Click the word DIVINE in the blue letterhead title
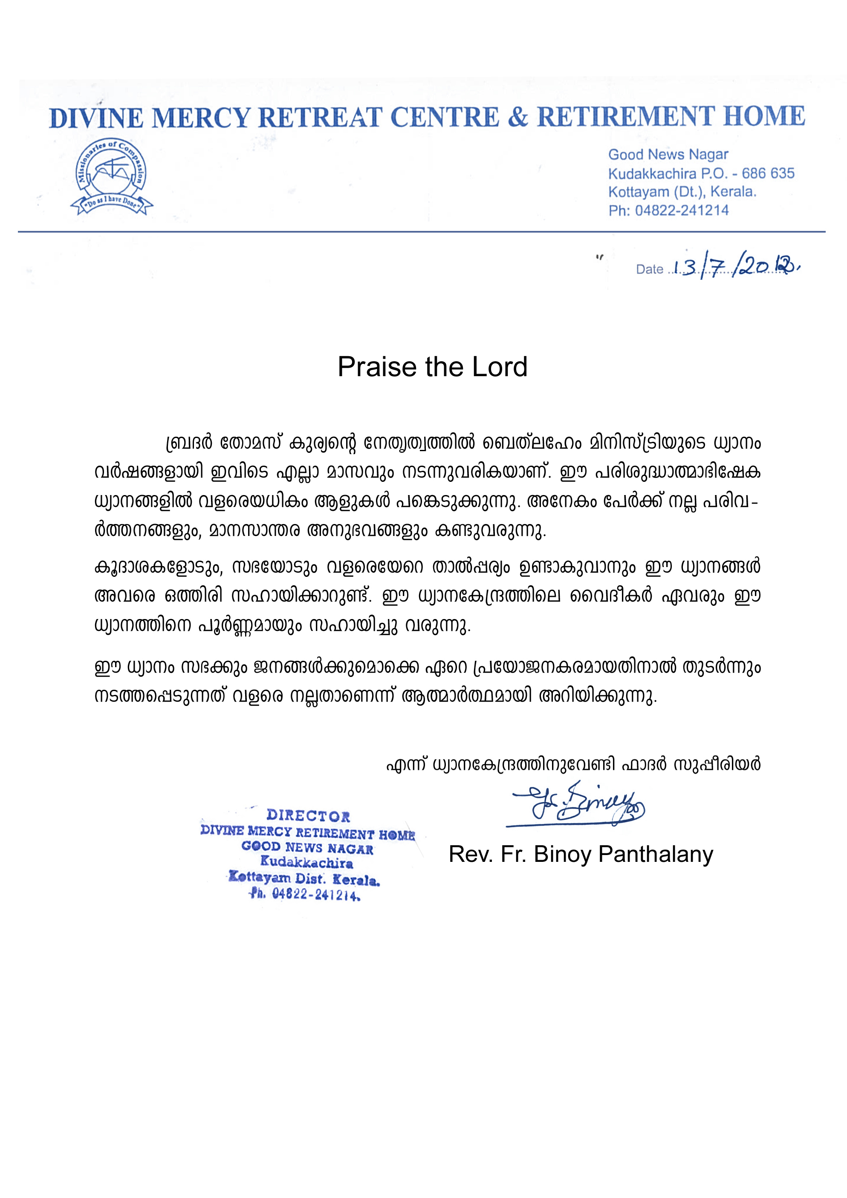pos(96,118)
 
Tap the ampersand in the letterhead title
pos(517,117)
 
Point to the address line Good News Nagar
pos(668,155)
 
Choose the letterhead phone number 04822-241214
pos(682,210)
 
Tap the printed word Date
pos(649,269)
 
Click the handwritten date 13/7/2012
pos(736,267)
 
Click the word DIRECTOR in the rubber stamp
pos(308,815)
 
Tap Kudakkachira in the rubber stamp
pos(306,862)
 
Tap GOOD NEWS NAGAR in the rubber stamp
pos(307,848)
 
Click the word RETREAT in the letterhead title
pos(320,118)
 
